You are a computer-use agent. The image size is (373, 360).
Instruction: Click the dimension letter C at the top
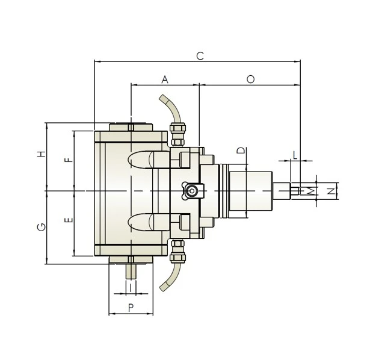(200, 56)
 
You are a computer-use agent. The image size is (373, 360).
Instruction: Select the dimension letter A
(165, 79)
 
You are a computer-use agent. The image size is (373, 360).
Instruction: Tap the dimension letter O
(250, 79)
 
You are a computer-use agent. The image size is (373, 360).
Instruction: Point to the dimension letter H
(41, 154)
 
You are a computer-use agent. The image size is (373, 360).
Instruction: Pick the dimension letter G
(41, 227)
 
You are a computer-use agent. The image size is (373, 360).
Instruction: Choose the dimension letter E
(69, 220)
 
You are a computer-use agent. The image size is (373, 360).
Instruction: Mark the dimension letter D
(240, 151)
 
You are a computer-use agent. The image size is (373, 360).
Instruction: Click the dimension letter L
(294, 155)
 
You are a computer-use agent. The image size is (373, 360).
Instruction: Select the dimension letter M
(311, 191)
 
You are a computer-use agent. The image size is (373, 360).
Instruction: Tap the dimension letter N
(330, 191)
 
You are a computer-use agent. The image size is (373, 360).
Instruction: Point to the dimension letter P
(131, 308)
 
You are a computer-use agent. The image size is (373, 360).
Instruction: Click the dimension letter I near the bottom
(131, 288)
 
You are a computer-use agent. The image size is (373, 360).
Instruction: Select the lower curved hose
(170, 276)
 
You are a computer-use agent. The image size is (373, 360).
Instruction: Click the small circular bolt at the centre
(191, 191)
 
